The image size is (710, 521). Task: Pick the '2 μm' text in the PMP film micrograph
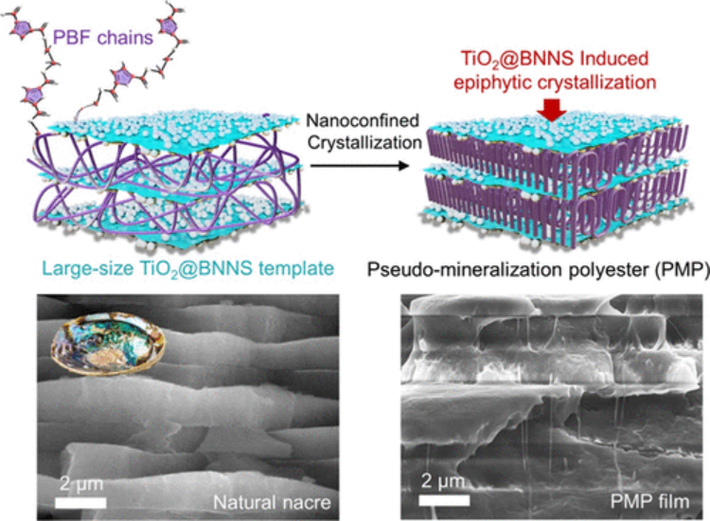(445, 476)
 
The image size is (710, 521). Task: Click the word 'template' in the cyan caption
(295, 270)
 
